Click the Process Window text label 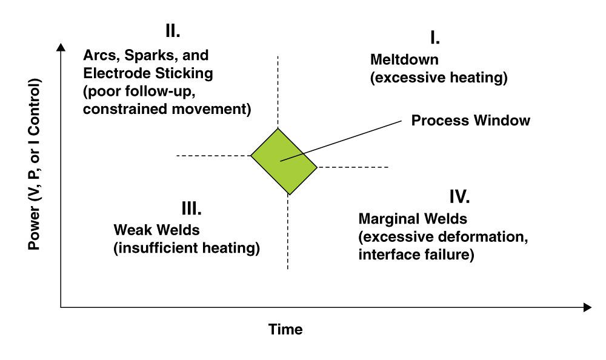470,121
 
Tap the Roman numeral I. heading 435,38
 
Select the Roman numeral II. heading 173,30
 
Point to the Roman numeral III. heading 191,208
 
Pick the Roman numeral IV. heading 460,197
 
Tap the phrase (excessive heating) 438,78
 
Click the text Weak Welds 156,230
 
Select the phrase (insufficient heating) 187,248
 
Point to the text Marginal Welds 413,218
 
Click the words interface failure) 416,255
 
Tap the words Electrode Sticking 148,74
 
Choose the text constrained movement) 167,110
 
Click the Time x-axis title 285,330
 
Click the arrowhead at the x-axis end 587,307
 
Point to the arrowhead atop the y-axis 60,47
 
